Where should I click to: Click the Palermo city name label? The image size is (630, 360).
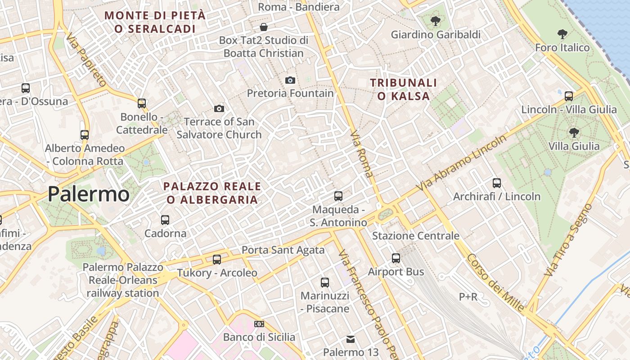click(89, 194)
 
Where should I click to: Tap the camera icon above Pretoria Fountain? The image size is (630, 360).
click(290, 80)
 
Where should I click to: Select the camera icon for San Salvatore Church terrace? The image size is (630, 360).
click(219, 108)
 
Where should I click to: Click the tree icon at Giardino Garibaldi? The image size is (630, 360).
click(435, 21)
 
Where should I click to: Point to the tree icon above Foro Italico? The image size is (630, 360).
click(562, 34)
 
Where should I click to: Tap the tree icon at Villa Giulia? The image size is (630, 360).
click(574, 132)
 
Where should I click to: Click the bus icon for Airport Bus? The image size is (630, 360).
click(396, 258)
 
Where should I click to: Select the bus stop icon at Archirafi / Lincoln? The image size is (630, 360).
click(497, 183)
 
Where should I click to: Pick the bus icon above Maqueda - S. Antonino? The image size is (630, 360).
click(338, 196)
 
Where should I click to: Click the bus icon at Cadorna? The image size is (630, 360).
click(165, 220)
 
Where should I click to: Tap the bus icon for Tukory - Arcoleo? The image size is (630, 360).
click(217, 260)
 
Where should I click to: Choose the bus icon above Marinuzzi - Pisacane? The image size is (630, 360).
click(325, 283)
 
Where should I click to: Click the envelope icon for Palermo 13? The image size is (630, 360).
click(351, 339)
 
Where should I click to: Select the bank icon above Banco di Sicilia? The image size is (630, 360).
click(259, 324)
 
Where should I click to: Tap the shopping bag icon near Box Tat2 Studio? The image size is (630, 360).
click(264, 27)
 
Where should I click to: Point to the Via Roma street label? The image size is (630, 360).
click(361, 154)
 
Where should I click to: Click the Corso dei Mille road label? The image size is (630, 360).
click(495, 283)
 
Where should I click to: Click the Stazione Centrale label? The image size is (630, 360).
click(415, 236)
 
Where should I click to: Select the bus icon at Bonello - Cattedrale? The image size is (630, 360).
click(142, 103)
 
